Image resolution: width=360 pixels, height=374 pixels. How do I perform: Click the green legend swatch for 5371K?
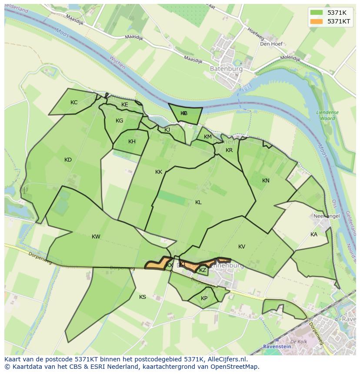point(317,13)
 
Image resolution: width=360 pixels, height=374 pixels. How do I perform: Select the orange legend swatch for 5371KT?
point(317,21)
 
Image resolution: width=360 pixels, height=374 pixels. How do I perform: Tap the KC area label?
point(74,103)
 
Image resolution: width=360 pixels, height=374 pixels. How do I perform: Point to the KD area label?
point(68,160)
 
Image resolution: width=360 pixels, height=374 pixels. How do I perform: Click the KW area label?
point(96,237)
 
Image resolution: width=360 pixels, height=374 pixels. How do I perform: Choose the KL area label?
point(198,202)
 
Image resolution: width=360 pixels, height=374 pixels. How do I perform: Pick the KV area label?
point(242,247)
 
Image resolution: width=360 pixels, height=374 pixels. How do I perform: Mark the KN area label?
point(266,181)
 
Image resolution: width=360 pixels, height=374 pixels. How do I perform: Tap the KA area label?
point(314,235)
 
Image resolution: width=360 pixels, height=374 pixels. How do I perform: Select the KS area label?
point(143,297)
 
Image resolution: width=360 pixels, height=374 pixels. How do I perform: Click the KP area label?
point(204,298)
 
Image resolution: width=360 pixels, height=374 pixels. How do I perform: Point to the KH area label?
point(132,142)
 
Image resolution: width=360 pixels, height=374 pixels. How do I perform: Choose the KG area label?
point(120,121)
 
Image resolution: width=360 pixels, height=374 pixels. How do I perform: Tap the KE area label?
point(125,105)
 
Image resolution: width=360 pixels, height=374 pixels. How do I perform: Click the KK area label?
point(159,172)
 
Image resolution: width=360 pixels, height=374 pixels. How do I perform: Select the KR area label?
point(229,150)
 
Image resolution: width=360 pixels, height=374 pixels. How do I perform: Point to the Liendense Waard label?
point(327,115)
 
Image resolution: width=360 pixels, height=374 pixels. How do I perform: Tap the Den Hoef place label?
point(271,44)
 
